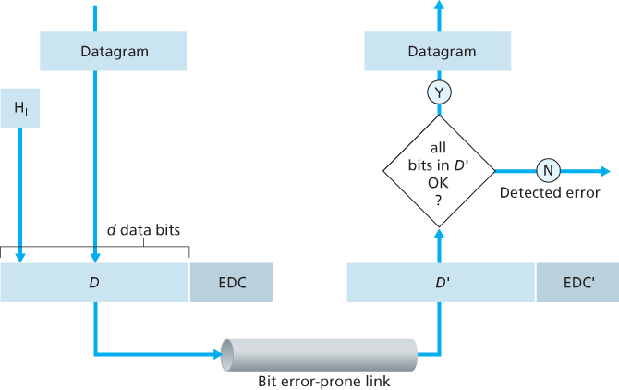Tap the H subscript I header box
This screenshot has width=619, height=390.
tap(20, 108)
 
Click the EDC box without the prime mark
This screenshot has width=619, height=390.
tap(232, 283)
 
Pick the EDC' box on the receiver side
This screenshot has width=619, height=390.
tap(578, 283)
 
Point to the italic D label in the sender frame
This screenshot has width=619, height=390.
tap(93, 283)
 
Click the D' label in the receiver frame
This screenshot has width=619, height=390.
tap(442, 283)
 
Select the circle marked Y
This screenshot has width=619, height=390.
tap(439, 91)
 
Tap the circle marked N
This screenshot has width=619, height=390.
tap(547, 171)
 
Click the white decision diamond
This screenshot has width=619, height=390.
tap(439, 171)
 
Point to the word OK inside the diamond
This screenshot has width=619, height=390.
tap(439, 182)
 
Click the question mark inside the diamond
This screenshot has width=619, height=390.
tap(439, 199)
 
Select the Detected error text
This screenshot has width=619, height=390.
tap(550, 193)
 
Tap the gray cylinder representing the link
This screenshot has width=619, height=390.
tap(320, 353)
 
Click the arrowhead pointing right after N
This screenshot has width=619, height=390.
tap(604, 171)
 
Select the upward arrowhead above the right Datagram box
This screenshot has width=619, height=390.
tap(439, 6)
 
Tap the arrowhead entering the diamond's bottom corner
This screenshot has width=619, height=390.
tap(439, 235)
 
